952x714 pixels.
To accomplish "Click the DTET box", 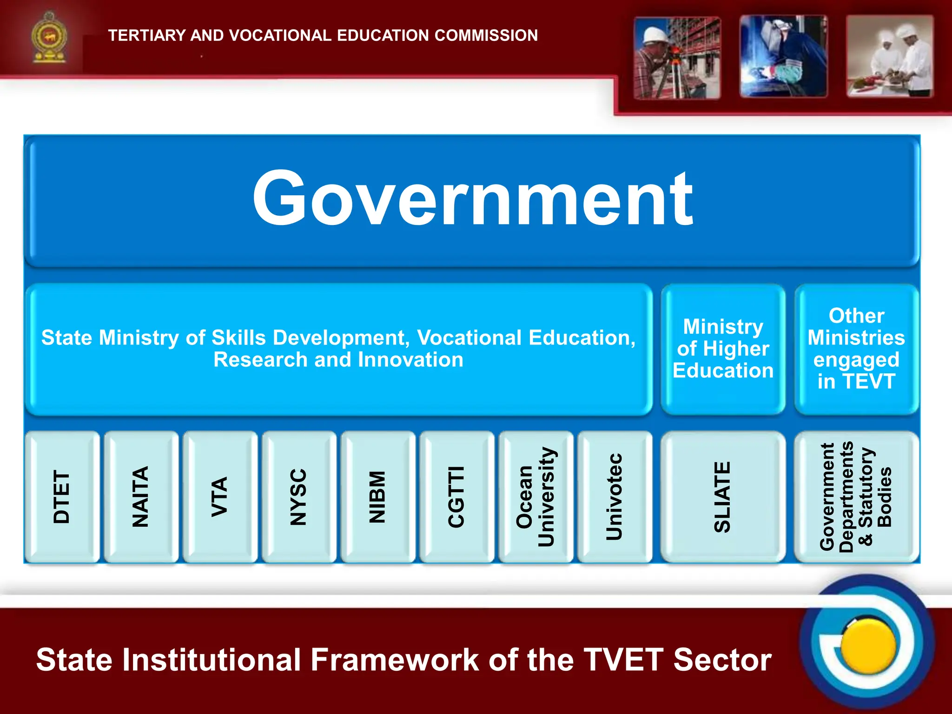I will pyautogui.click(x=62, y=496).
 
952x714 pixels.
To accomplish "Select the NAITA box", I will pyautogui.click(x=141, y=496).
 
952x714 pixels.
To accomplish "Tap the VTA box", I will pyautogui.click(x=220, y=496).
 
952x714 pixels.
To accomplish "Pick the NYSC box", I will pyautogui.click(x=299, y=496).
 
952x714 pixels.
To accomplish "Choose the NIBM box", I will pyautogui.click(x=377, y=496).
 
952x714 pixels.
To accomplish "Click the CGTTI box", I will pyautogui.click(x=456, y=496).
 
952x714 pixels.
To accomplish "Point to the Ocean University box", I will pyautogui.click(x=535, y=496).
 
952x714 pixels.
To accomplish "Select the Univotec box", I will pyautogui.click(x=615, y=496).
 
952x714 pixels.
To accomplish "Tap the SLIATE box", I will pyautogui.click(x=723, y=496).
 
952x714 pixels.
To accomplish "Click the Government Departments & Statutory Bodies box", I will pyautogui.click(x=856, y=496).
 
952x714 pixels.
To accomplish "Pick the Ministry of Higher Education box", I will pyautogui.click(x=723, y=349).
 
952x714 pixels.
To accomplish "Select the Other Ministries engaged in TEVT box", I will pyautogui.click(x=856, y=349).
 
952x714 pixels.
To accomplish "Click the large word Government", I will pyautogui.click(x=472, y=199).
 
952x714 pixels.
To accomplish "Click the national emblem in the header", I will pyautogui.click(x=49, y=38).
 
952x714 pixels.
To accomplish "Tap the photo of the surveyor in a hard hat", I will pyautogui.click(x=677, y=58).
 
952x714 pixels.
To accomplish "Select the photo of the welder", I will pyautogui.click(x=783, y=57).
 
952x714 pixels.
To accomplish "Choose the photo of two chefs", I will pyautogui.click(x=889, y=57).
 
